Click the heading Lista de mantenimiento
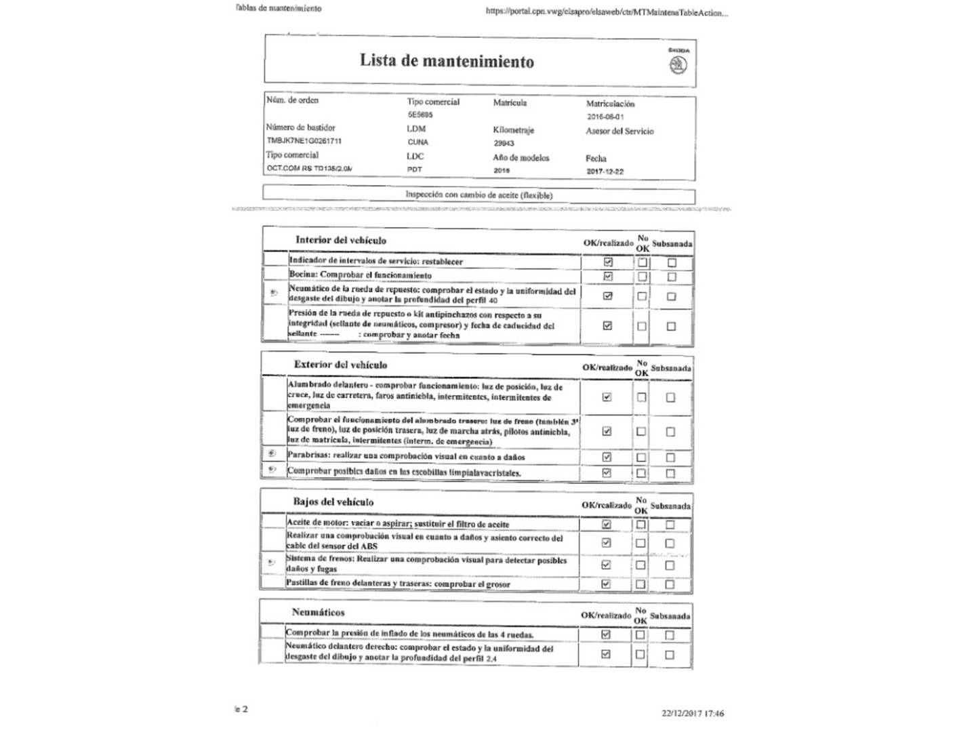coord(447,61)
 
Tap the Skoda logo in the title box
coord(678,64)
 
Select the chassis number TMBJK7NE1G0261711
coord(304,141)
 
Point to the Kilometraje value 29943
coord(504,143)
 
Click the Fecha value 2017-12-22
coord(605,171)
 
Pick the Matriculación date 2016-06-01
coord(605,117)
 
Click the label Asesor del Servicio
coord(619,131)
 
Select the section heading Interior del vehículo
coord(340,240)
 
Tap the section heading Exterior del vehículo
coord(340,365)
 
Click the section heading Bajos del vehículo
coord(333,502)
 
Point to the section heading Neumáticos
coord(318,612)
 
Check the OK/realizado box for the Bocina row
coord(607,277)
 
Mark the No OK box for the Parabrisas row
coord(640,457)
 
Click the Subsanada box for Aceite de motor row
coord(670,525)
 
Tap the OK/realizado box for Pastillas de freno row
coord(606,584)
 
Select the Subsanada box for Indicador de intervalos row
coord(672,262)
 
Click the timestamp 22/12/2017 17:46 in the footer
coord(693,713)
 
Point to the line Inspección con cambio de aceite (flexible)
coord(479,195)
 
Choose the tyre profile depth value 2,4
coord(491,659)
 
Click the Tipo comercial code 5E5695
coord(420,115)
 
